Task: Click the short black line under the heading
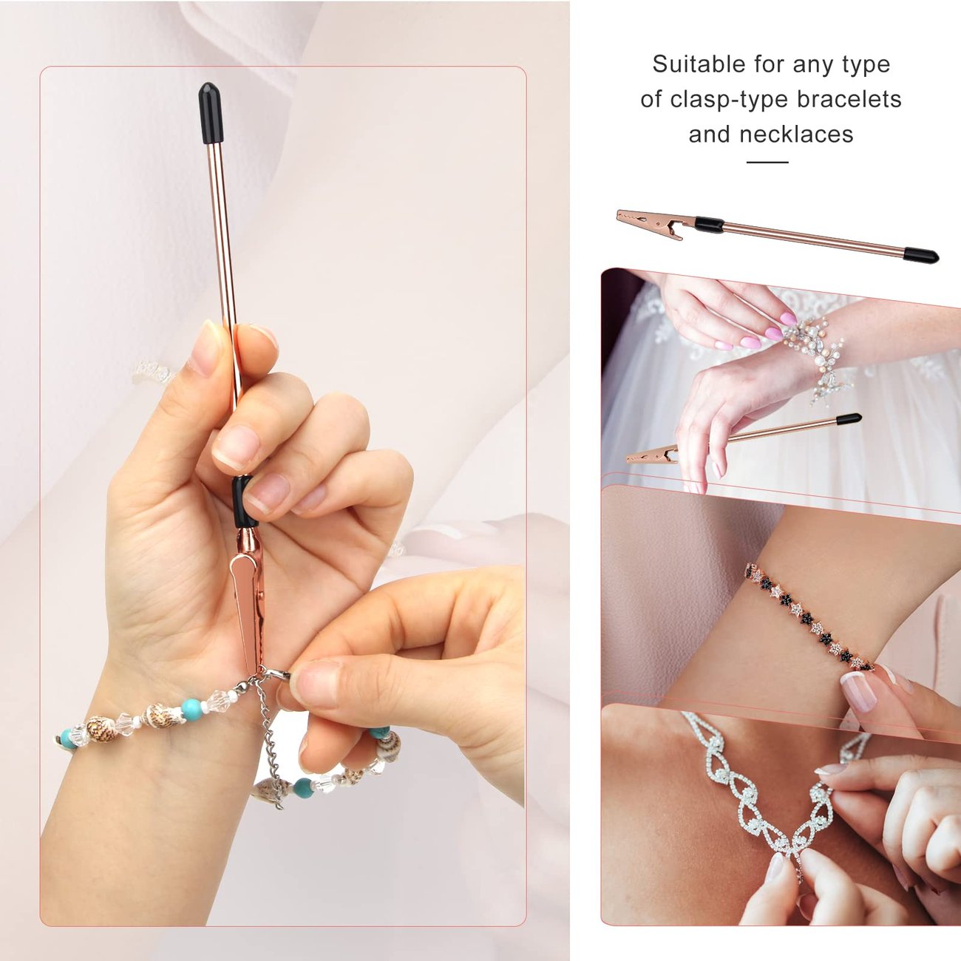[767, 162]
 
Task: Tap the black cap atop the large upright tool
[210, 112]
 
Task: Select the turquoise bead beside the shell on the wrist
[192, 710]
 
